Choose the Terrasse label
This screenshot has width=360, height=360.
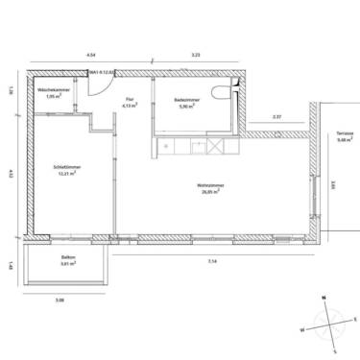click(x=344, y=134)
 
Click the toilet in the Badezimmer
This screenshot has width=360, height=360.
click(x=224, y=92)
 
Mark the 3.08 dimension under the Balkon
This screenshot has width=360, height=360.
click(x=60, y=300)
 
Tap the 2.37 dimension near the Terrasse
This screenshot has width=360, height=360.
click(x=276, y=116)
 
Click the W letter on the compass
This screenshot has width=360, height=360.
click(x=303, y=328)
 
